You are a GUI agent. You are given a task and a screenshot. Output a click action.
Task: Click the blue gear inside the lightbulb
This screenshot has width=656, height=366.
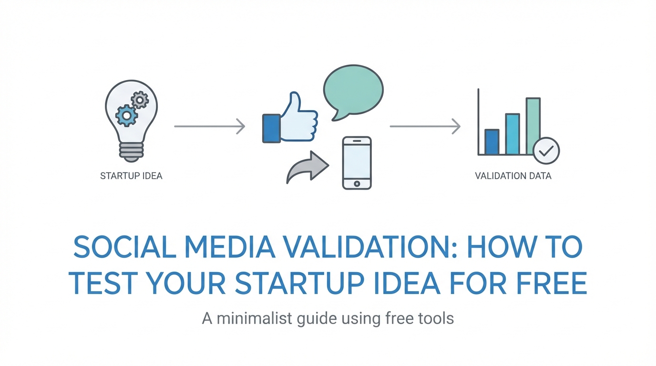(x=126, y=116)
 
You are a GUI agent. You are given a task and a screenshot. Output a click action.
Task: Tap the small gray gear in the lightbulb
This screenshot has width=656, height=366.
(x=140, y=100)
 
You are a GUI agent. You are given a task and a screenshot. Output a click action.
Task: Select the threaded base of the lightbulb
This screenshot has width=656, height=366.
(x=131, y=152)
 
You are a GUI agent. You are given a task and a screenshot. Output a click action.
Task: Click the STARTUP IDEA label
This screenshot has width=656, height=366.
(x=131, y=176)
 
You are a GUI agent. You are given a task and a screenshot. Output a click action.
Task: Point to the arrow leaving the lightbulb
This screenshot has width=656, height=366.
(x=210, y=126)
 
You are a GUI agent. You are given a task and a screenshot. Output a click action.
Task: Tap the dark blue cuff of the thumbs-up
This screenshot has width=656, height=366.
(x=271, y=129)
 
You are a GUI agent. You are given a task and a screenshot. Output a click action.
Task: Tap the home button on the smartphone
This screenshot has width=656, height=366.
(x=357, y=183)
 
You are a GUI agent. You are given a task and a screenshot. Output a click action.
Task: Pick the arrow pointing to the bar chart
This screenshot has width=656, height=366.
(x=425, y=126)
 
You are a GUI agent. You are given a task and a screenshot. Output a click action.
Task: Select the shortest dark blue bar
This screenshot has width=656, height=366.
(x=492, y=142)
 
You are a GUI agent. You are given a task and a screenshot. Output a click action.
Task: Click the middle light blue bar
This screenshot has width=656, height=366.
(x=512, y=134)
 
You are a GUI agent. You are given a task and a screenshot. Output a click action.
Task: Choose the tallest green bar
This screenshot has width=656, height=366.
(x=533, y=126)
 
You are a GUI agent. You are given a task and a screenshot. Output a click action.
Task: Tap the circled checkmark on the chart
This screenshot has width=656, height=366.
(x=546, y=151)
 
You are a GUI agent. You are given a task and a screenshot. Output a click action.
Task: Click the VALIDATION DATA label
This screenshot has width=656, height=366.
(x=513, y=176)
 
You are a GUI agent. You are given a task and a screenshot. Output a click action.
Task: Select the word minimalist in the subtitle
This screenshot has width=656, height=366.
(x=255, y=318)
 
